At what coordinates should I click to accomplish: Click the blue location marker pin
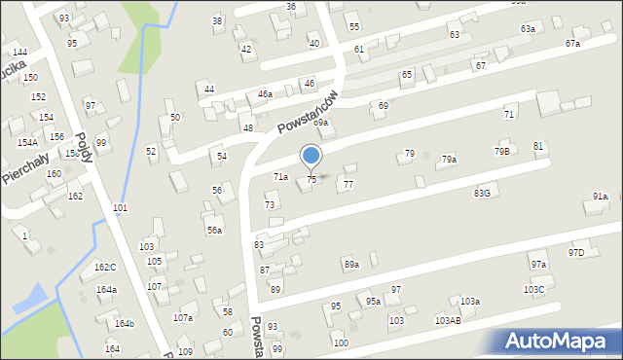pos(311,157)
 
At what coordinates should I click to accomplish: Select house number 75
pos(311,180)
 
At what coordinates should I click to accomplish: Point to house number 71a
pos(280,177)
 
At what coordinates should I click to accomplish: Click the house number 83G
pos(482,194)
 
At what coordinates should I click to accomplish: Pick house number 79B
pos(501,151)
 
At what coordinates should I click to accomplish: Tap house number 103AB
pos(448,320)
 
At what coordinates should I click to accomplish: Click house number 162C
pos(105,268)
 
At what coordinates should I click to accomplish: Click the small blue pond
pos(28,296)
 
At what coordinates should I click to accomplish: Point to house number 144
pos(19,52)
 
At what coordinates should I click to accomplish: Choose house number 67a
pos(572,44)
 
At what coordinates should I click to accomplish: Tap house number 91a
pos(600,197)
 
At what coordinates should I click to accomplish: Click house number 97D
pos(576,253)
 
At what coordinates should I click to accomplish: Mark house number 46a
pos(265,94)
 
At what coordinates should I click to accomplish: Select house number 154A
pos(27,142)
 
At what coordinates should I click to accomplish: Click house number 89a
pos(351,265)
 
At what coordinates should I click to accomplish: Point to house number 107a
pos(183,318)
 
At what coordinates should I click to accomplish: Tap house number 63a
pos(528,29)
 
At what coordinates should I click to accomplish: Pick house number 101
pos(120,208)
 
